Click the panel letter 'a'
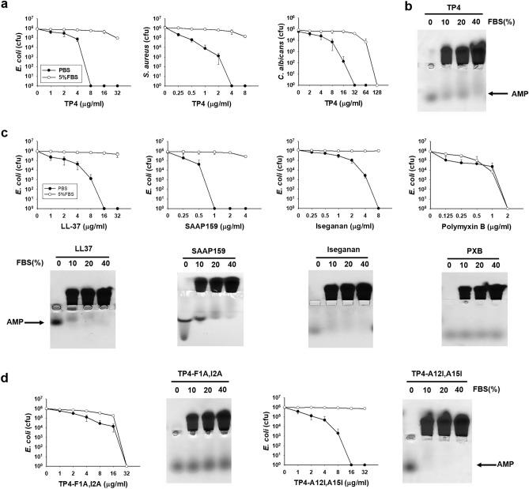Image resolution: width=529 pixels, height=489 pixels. [x=6, y=6]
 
